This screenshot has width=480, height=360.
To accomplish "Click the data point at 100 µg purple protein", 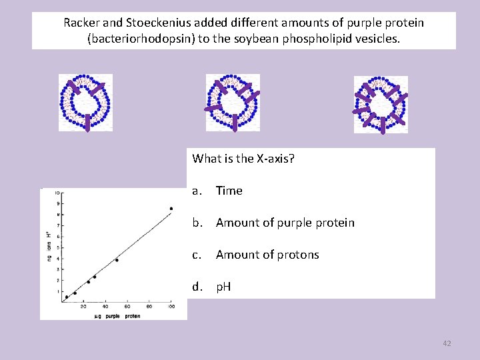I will tap(171, 209).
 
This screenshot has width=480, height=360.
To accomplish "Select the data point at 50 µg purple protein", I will tap(117, 260).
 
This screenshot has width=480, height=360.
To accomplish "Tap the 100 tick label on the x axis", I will tap(171, 307).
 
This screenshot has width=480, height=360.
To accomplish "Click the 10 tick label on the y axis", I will tap(58, 193).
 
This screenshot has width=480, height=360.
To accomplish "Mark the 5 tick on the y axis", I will tap(59, 247).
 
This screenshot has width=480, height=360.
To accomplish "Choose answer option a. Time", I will tap(229, 191).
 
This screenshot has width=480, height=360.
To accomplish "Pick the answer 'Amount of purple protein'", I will tap(285, 223).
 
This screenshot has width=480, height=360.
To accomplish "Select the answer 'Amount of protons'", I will tap(267, 255).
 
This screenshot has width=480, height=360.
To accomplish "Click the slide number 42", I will tap(447, 343).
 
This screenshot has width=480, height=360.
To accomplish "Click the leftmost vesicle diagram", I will tap(85, 102).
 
